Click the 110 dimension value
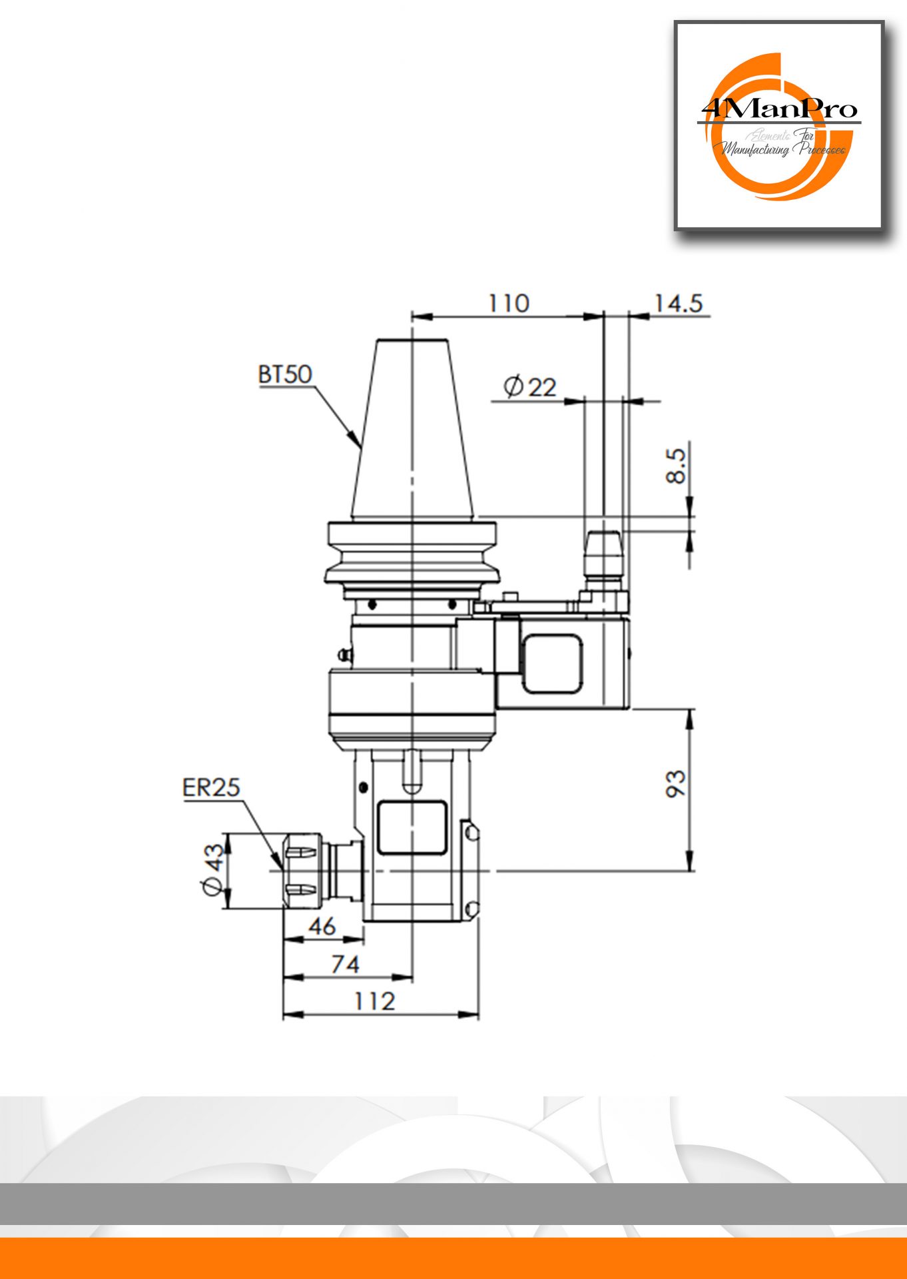(509, 303)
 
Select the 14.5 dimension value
(678, 303)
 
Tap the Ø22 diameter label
(530, 386)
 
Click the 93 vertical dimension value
(675, 783)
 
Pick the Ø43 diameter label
(213, 869)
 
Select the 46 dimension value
(322, 926)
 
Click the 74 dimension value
(345, 963)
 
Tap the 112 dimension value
(374, 1001)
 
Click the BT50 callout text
(285, 374)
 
